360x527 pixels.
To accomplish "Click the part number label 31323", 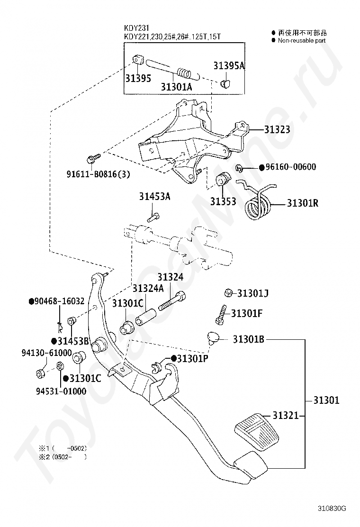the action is (x=277, y=129).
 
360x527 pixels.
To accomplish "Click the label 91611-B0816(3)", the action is (x=98, y=174).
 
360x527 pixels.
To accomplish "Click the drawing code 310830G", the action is (x=332, y=508).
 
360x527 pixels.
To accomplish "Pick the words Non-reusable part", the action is (x=302, y=40).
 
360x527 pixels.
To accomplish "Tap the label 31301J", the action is (x=252, y=293).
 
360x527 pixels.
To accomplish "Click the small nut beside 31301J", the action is (x=228, y=293).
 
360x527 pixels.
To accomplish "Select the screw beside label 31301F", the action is (x=221, y=315).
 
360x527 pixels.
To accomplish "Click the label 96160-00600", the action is (x=291, y=167).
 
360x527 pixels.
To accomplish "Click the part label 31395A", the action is (x=229, y=65).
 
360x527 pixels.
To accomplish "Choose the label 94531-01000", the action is (x=61, y=391).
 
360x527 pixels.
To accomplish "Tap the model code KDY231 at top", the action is (x=136, y=28).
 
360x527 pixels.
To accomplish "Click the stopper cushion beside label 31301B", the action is (x=213, y=338).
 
